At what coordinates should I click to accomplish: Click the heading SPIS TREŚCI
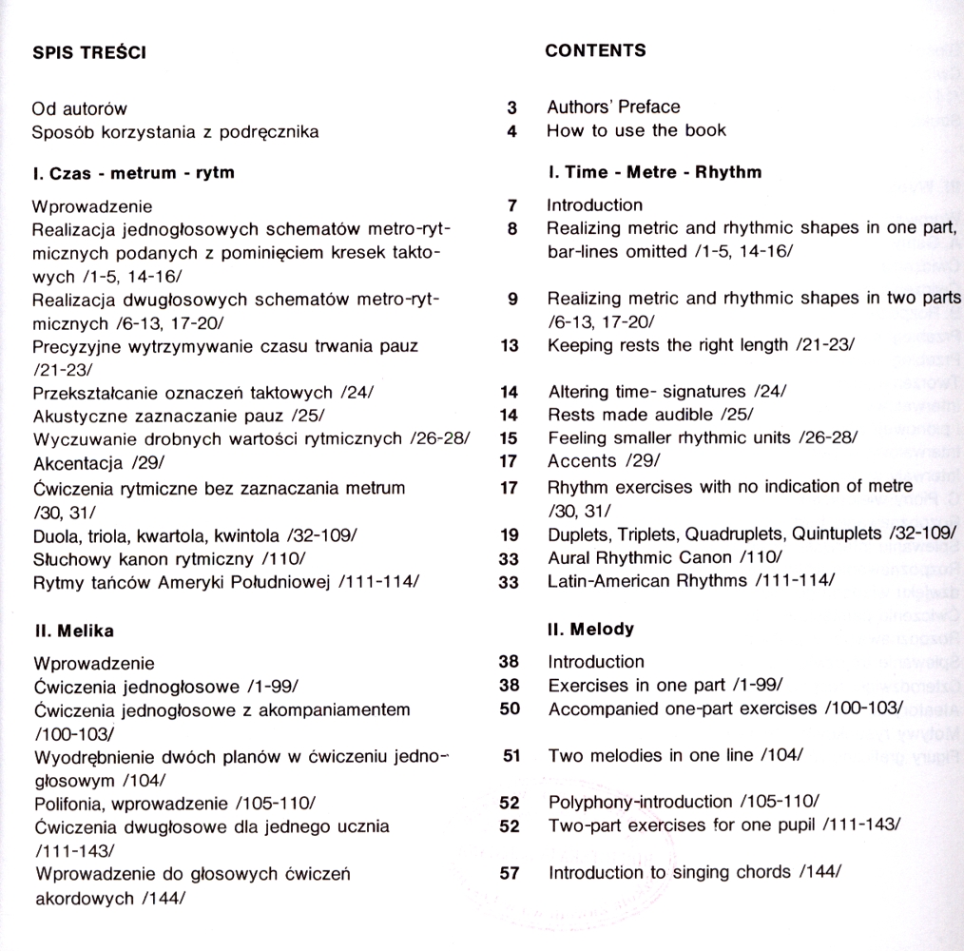[88, 53]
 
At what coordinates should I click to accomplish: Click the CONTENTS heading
[595, 50]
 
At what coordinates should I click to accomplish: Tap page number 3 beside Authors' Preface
[511, 107]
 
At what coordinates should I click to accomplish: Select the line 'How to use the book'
[636, 130]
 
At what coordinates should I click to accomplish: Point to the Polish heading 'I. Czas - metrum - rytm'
[133, 173]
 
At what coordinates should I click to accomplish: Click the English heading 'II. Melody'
[590, 629]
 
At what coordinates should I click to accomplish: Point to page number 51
[510, 756]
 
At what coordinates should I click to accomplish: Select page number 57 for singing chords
[510, 872]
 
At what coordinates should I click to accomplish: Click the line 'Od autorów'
[80, 108]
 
